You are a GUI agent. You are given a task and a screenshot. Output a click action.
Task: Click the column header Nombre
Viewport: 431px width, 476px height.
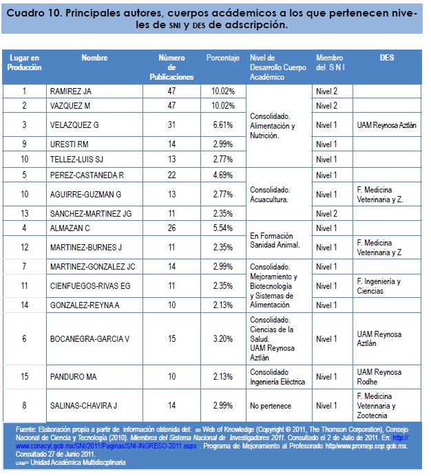click(x=94, y=58)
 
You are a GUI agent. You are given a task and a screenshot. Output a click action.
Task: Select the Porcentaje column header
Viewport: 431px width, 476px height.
click(x=222, y=58)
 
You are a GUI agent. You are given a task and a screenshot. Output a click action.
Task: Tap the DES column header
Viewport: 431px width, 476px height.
click(x=386, y=58)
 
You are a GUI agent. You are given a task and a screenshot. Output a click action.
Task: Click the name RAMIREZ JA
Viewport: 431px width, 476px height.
click(x=72, y=91)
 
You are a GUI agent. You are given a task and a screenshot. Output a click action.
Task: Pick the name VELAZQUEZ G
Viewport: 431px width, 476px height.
click(x=75, y=125)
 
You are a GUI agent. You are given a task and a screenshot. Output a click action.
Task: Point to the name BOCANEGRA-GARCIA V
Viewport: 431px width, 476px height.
click(x=90, y=339)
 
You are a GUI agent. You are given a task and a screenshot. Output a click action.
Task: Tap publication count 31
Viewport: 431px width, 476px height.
click(x=171, y=125)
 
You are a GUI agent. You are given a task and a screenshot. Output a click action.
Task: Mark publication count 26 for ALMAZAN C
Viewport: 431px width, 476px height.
click(x=171, y=228)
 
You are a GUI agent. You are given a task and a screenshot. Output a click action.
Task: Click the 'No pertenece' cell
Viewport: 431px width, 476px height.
click(x=271, y=407)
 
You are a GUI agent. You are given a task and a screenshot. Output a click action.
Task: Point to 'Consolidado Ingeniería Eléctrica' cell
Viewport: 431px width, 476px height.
click(x=277, y=377)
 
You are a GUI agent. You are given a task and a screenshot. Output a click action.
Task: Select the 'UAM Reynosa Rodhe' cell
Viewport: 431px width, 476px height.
click(x=379, y=377)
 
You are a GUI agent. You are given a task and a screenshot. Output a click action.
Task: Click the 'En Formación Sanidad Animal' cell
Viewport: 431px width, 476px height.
click(x=274, y=239)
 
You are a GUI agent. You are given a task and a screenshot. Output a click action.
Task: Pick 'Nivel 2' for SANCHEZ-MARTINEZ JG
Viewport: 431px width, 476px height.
click(x=326, y=213)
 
